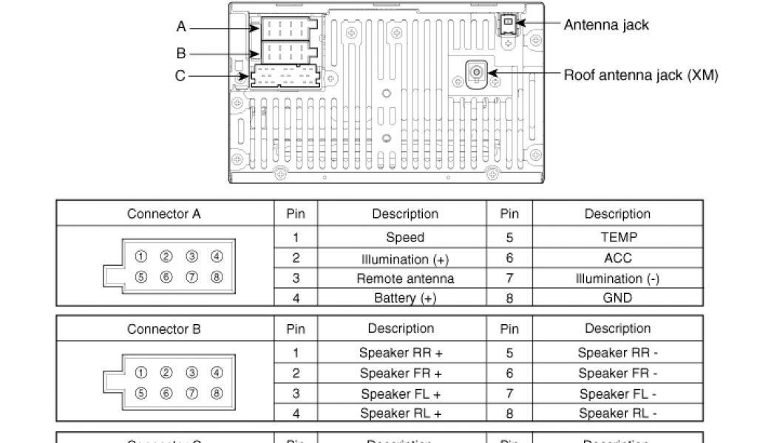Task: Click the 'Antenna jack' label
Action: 605,25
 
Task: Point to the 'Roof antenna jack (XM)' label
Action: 640,75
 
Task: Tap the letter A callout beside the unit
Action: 181,27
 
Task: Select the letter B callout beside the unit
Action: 181,53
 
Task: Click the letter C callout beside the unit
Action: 180,75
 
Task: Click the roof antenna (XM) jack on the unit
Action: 477,72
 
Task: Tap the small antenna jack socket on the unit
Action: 509,23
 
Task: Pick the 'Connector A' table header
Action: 163,214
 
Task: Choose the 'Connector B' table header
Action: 163,329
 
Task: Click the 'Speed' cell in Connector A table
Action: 404,238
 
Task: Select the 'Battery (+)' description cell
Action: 404,298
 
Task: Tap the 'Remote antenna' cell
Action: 404,278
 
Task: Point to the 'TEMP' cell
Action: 617,238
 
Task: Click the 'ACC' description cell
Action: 617,258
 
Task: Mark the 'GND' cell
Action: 617,298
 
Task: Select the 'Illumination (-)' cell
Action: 617,278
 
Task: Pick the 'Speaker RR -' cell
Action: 617,353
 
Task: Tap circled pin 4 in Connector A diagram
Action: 217,257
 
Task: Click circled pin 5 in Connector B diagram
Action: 141,394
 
